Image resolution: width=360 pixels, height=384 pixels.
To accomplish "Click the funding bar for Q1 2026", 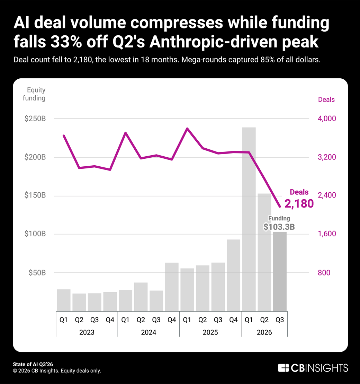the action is pyautogui.click(x=249, y=219).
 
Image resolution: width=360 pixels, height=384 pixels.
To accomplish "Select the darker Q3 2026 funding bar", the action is pyautogui.click(x=280, y=272).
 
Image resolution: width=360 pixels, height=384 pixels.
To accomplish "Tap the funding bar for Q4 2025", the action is pyautogui.click(x=234, y=275).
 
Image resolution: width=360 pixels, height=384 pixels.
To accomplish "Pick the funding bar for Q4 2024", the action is pyautogui.click(x=172, y=287).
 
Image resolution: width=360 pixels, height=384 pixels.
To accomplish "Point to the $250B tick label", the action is pyautogui.click(x=35, y=119).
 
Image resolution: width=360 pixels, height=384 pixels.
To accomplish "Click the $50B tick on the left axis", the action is pyautogui.click(x=37, y=272).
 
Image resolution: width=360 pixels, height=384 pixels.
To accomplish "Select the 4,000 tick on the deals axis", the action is pyautogui.click(x=327, y=119).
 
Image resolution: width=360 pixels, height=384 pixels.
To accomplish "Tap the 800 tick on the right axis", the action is pyautogui.click(x=324, y=272).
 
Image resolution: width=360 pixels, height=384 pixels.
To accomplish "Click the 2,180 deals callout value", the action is pyautogui.click(x=299, y=203).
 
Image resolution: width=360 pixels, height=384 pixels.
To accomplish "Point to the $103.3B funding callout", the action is pyautogui.click(x=279, y=227).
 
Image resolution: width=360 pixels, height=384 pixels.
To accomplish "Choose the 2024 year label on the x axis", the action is pyautogui.click(x=148, y=332).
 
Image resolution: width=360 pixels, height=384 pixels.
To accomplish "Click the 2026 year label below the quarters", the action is pyautogui.click(x=264, y=332).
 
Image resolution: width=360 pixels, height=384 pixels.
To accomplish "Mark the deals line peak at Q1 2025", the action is pyautogui.click(x=187, y=128).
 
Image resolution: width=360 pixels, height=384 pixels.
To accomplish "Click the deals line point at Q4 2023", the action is pyautogui.click(x=110, y=170).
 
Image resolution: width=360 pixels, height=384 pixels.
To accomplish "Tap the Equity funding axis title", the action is pyautogui.click(x=34, y=94).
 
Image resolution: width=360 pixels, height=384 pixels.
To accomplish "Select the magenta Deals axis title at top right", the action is pyautogui.click(x=326, y=99).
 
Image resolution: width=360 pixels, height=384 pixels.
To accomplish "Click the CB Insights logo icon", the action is pyautogui.click(x=283, y=368).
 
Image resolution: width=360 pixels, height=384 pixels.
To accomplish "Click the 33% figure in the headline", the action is pyautogui.click(x=66, y=42).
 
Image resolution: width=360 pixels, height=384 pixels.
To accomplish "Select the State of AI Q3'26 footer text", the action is pyautogui.click(x=33, y=364).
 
